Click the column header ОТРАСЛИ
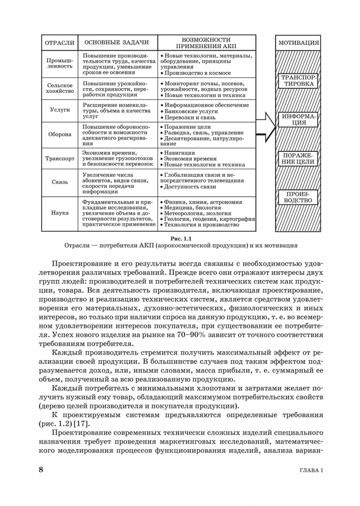60,43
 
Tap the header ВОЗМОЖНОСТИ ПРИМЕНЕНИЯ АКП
206,43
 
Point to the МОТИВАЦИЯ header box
299,43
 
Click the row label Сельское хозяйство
60,89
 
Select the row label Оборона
60,134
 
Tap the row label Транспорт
60,158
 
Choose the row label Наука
60,212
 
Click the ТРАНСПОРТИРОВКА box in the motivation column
299,80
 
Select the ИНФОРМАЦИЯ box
299,119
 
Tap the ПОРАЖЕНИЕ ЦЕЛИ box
299,158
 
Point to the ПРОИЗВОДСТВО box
299,197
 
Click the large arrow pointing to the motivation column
266,125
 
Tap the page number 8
41,470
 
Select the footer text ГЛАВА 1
310,471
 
